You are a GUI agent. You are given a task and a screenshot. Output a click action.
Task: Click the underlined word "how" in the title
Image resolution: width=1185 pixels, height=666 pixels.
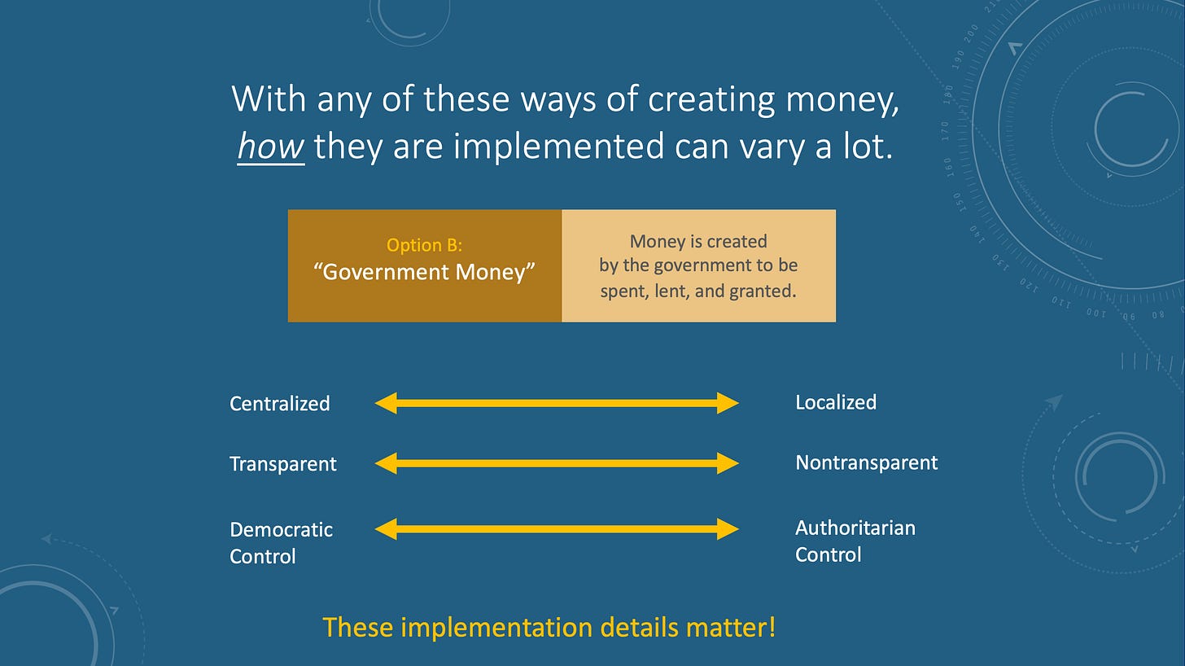click(x=271, y=145)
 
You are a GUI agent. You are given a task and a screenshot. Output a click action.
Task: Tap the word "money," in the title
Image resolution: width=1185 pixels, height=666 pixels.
click(x=842, y=99)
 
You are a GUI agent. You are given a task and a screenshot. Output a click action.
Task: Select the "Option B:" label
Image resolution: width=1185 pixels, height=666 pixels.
click(x=424, y=244)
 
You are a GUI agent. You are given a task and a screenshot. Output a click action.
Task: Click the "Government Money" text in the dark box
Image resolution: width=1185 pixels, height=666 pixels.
click(x=424, y=272)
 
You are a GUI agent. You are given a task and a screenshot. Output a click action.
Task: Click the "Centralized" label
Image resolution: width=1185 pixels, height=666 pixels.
click(x=280, y=403)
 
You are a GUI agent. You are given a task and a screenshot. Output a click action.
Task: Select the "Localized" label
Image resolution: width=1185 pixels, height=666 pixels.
click(x=836, y=402)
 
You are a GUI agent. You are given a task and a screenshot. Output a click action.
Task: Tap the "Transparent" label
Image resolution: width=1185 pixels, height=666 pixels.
click(x=283, y=464)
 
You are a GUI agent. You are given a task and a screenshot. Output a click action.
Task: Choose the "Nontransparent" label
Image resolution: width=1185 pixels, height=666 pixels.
click(x=867, y=462)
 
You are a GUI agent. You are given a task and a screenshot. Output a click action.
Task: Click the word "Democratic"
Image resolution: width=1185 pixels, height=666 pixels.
click(x=282, y=529)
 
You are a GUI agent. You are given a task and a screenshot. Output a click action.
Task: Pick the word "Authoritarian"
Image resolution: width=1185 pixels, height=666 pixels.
click(x=855, y=528)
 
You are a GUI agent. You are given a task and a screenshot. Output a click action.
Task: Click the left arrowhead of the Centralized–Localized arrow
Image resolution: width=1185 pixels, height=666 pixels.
click(x=386, y=403)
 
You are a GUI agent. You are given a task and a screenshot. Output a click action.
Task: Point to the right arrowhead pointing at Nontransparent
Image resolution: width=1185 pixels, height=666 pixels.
click(x=728, y=463)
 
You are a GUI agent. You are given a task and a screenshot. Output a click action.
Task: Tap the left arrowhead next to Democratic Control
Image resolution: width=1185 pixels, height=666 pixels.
click(x=386, y=529)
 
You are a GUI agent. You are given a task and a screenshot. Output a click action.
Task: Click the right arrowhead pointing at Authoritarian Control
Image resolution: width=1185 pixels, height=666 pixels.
click(x=728, y=529)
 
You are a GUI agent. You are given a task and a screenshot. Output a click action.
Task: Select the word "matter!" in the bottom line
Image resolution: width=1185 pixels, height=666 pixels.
click(x=731, y=628)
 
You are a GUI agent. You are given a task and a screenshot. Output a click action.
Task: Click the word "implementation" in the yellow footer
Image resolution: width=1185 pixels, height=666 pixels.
click(x=496, y=628)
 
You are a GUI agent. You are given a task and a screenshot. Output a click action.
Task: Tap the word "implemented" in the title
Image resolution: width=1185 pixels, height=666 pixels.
click(x=558, y=147)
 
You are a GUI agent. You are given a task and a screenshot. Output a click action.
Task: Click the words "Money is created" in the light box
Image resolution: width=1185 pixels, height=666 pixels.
click(x=698, y=242)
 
